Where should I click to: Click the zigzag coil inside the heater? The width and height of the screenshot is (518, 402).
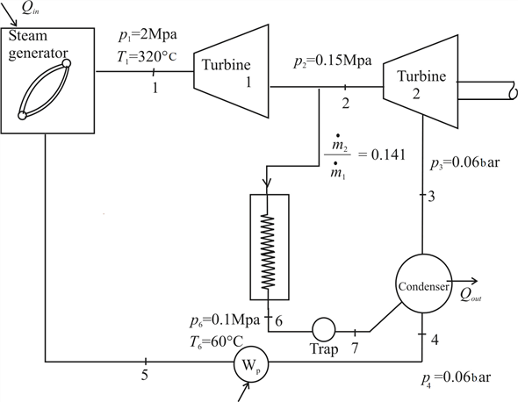[268, 252]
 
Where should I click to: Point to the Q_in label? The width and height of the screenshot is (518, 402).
[31, 9]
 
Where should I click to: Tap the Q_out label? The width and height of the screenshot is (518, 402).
[471, 295]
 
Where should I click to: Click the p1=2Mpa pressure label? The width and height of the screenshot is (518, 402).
[147, 35]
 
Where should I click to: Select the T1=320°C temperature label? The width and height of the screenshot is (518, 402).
[147, 56]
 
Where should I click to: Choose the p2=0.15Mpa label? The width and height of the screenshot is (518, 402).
[333, 61]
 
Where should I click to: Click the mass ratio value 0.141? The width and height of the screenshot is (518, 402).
[388, 154]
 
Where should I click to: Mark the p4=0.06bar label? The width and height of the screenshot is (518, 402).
[456, 378]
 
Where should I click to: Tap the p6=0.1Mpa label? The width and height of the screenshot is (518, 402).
[225, 320]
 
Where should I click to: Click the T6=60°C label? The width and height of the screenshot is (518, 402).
[216, 341]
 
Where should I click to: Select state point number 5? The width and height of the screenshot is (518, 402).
[145, 376]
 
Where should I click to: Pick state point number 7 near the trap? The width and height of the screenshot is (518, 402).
[355, 348]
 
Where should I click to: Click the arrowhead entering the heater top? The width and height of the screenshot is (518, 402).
[267, 183]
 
